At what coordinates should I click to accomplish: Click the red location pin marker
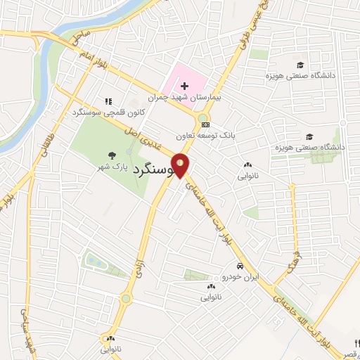pos(181,166)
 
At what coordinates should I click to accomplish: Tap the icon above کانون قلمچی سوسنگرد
pos(108,101)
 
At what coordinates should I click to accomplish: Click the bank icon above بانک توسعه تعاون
pos(205,124)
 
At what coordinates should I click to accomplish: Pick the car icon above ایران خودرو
pos(240,266)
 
